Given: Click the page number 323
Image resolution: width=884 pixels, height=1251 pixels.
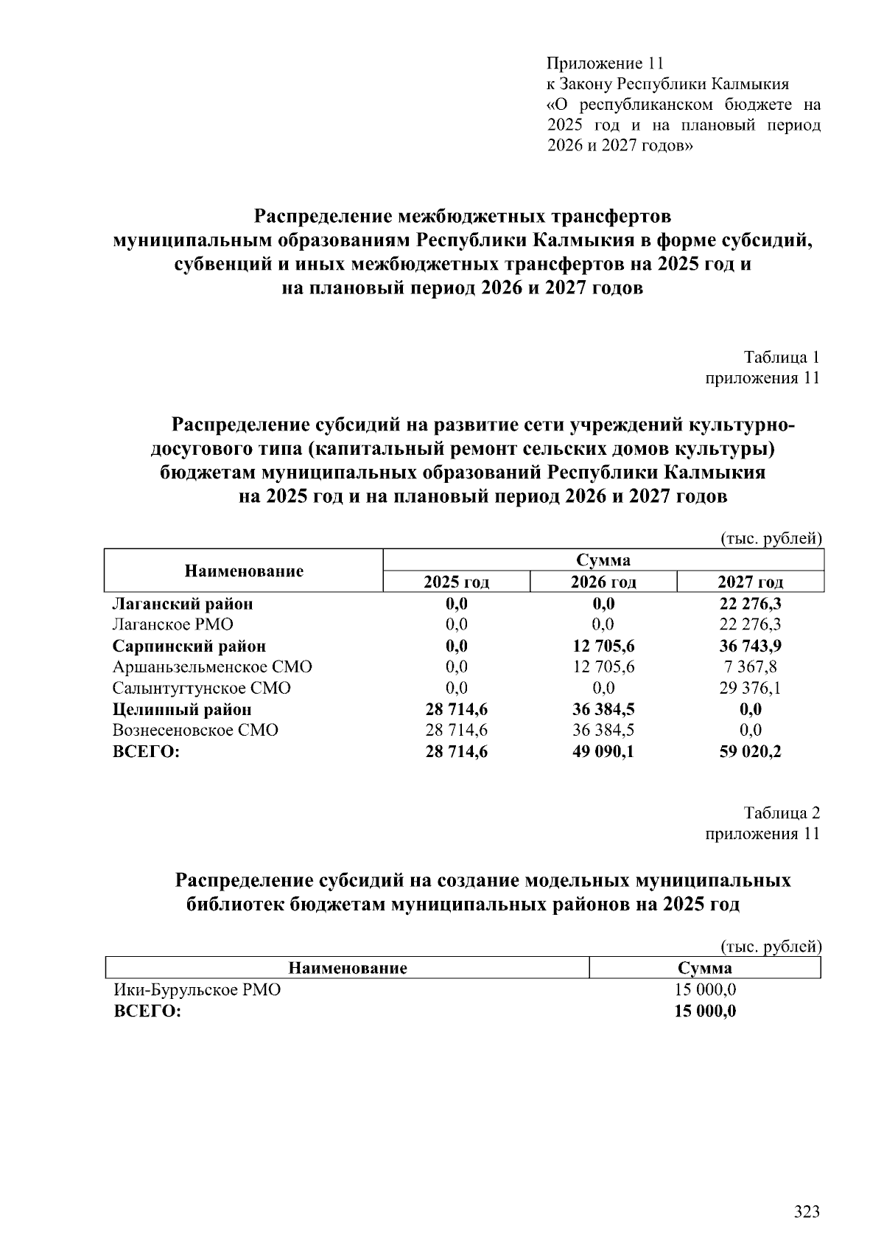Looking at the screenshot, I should click(807, 1212).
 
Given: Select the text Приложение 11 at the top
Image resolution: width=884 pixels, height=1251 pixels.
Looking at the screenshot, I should click(606, 63).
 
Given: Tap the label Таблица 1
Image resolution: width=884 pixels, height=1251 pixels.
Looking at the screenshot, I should click(782, 358).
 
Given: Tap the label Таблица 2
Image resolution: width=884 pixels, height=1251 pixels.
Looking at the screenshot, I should click(782, 813).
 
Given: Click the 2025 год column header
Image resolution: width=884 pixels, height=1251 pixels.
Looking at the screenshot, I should click(456, 582).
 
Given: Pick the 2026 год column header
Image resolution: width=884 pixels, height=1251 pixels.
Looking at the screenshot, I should click(603, 582).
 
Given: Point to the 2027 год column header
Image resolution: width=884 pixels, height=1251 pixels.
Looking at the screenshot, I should click(750, 582).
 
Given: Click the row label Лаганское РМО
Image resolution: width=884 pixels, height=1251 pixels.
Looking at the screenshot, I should click(172, 624).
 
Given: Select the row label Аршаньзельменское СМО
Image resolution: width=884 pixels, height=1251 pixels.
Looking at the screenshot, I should click(212, 667).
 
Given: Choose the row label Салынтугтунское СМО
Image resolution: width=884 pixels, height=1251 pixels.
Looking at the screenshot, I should click(201, 689).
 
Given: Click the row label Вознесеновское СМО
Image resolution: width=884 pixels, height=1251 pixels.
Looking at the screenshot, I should click(195, 731).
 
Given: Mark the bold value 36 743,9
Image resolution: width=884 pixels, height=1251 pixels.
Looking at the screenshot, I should click(750, 647).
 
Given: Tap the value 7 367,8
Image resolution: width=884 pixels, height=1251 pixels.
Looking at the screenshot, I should click(750, 667).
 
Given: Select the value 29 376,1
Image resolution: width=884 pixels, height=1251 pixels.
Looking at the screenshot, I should click(750, 689).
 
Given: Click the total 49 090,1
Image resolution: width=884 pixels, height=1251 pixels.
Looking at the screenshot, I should click(603, 752).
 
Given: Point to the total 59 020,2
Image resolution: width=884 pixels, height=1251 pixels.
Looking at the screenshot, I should click(750, 752).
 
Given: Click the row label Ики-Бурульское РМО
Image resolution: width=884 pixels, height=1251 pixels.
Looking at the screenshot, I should click(196, 990).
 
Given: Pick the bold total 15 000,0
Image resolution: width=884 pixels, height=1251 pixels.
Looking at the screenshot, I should click(705, 1011).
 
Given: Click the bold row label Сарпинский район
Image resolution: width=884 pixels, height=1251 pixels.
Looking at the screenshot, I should click(189, 647).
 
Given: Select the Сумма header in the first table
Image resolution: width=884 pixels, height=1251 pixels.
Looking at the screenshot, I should click(603, 560).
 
